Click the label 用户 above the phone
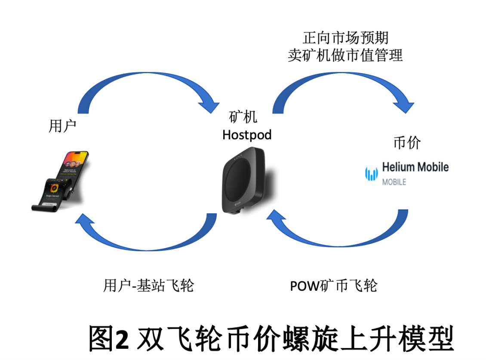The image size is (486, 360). coord(62,126)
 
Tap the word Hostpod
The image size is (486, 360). coord(247,135)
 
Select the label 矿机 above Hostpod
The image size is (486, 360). coord(243,117)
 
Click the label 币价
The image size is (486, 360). coord(407,143)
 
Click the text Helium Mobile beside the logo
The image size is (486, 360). coord(415,167)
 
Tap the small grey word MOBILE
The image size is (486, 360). coord(394,182)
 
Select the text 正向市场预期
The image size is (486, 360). coord(345,38)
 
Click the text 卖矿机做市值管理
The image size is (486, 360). coord(345,55)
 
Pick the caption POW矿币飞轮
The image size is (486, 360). coord(334,285)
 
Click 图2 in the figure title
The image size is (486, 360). coord(108,339)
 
